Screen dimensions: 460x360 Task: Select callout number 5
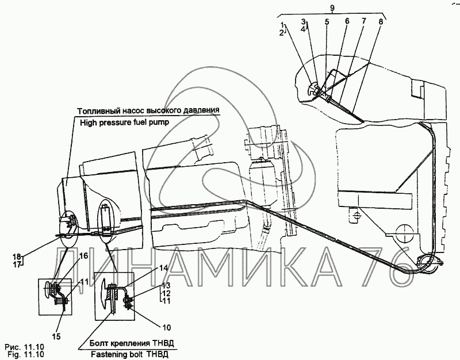point(327,22)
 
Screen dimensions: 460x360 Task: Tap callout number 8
point(380,22)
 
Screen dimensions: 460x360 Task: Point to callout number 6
point(347,22)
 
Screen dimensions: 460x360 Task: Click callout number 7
point(363,22)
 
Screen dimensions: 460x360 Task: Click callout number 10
point(166,328)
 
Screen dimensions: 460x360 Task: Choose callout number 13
point(166,286)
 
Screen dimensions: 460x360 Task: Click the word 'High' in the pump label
point(90,122)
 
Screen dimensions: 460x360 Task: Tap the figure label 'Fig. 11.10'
point(24,355)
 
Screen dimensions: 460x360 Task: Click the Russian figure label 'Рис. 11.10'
point(24,347)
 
